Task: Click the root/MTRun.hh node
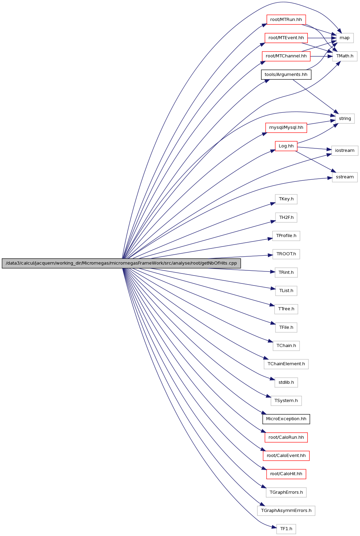click(x=286, y=20)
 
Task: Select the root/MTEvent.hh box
click(x=286, y=38)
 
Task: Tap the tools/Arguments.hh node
click(x=286, y=75)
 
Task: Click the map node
click(x=345, y=38)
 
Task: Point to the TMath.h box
click(x=345, y=56)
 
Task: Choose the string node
click(x=345, y=119)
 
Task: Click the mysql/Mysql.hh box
click(x=286, y=127)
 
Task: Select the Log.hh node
click(x=286, y=146)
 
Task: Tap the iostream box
click(x=345, y=150)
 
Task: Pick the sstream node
click(x=345, y=177)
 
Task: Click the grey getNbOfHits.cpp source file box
click(x=121, y=263)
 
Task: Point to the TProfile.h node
click(x=286, y=236)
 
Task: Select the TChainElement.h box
click(x=286, y=364)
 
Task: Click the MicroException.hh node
click(x=286, y=419)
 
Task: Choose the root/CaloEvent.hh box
click(x=286, y=456)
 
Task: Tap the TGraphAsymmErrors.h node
click(x=286, y=511)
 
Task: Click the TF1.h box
click(x=286, y=529)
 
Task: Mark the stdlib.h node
click(x=286, y=382)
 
